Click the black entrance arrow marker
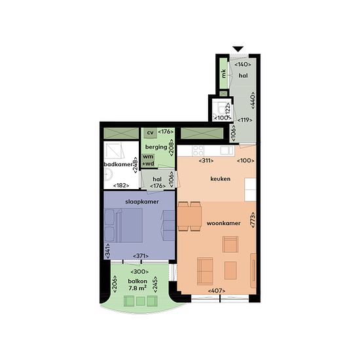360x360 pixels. [x=238, y=49]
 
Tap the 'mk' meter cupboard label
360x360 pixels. [x=223, y=73]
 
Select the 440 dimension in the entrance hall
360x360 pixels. [x=253, y=100]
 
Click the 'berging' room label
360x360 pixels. [x=156, y=147]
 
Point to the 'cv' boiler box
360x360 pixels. [x=150, y=133]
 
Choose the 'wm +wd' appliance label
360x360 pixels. [x=148, y=160]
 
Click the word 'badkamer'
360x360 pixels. [x=118, y=164]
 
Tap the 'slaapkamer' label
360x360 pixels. [x=142, y=202]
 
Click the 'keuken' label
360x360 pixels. [x=221, y=179]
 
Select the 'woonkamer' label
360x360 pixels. [x=224, y=223]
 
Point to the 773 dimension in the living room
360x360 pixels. [x=253, y=220]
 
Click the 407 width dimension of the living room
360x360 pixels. [x=217, y=291]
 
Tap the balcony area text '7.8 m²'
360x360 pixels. [x=137, y=288]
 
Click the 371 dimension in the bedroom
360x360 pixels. [x=141, y=256]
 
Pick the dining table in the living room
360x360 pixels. [x=190, y=216]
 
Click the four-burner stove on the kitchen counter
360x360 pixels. [x=198, y=151]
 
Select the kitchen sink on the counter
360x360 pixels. [x=227, y=151]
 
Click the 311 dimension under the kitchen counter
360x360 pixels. [x=206, y=161]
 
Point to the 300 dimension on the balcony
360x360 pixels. [x=139, y=272]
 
